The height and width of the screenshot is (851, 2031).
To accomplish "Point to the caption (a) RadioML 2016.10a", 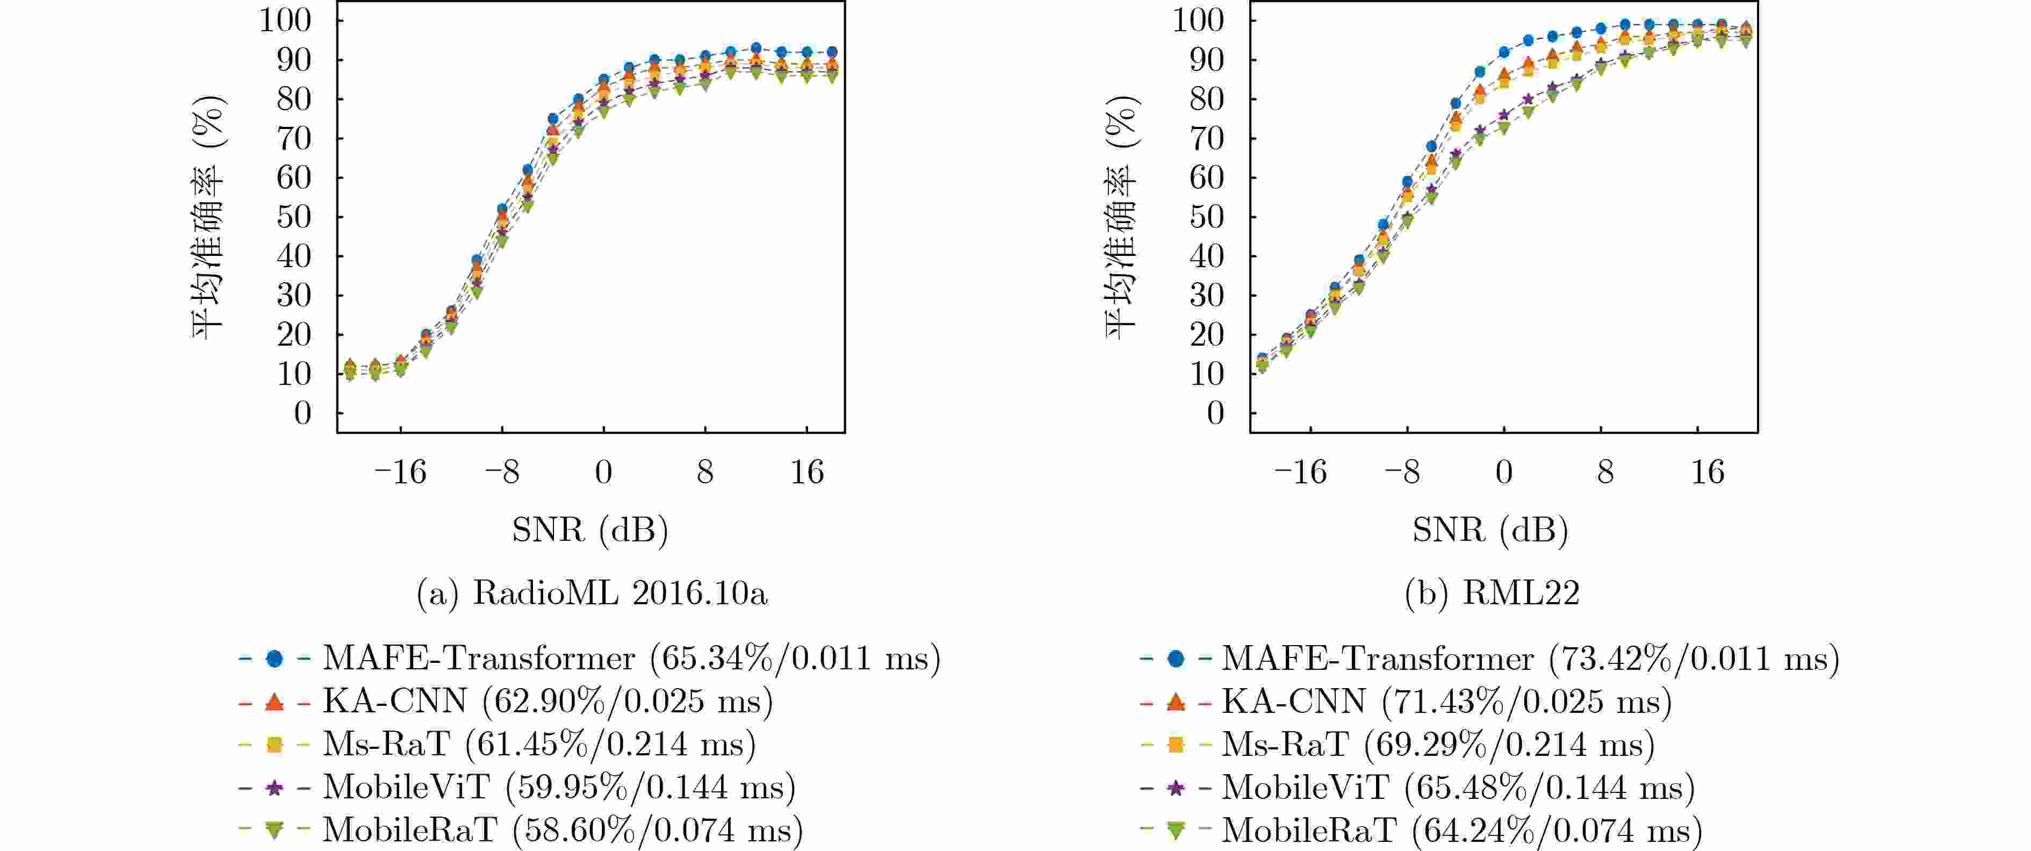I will [x=592, y=593].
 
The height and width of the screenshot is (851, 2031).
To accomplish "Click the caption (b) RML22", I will [x=1492, y=593].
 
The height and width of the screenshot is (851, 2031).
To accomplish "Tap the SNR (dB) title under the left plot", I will [x=590, y=529].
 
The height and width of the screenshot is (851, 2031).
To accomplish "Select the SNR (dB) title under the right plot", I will [x=1490, y=529].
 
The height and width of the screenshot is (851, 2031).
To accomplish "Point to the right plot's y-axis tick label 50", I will [x=1206, y=217].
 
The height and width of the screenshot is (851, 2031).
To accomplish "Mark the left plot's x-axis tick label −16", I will [x=400, y=473].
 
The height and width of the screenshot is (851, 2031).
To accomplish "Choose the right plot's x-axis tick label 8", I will [x=1605, y=473].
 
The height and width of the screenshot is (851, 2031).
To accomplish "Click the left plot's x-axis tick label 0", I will [x=603, y=473].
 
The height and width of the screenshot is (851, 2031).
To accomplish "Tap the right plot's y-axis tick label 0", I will [x=1215, y=413].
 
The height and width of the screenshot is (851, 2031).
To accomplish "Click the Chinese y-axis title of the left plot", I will [x=208, y=217].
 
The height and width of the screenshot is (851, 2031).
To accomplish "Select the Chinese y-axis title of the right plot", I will [x=1121, y=217].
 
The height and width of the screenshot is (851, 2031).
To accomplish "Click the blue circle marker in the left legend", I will [x=275, y=658].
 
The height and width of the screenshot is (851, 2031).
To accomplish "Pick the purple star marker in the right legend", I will [x=1176, y=786].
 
